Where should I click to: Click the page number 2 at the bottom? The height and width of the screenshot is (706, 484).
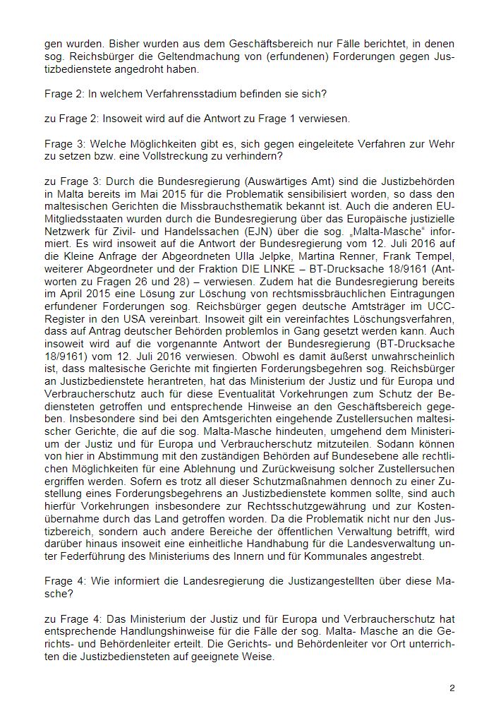[452, 686]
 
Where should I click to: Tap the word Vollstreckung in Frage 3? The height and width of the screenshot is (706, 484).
[153, 154]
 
